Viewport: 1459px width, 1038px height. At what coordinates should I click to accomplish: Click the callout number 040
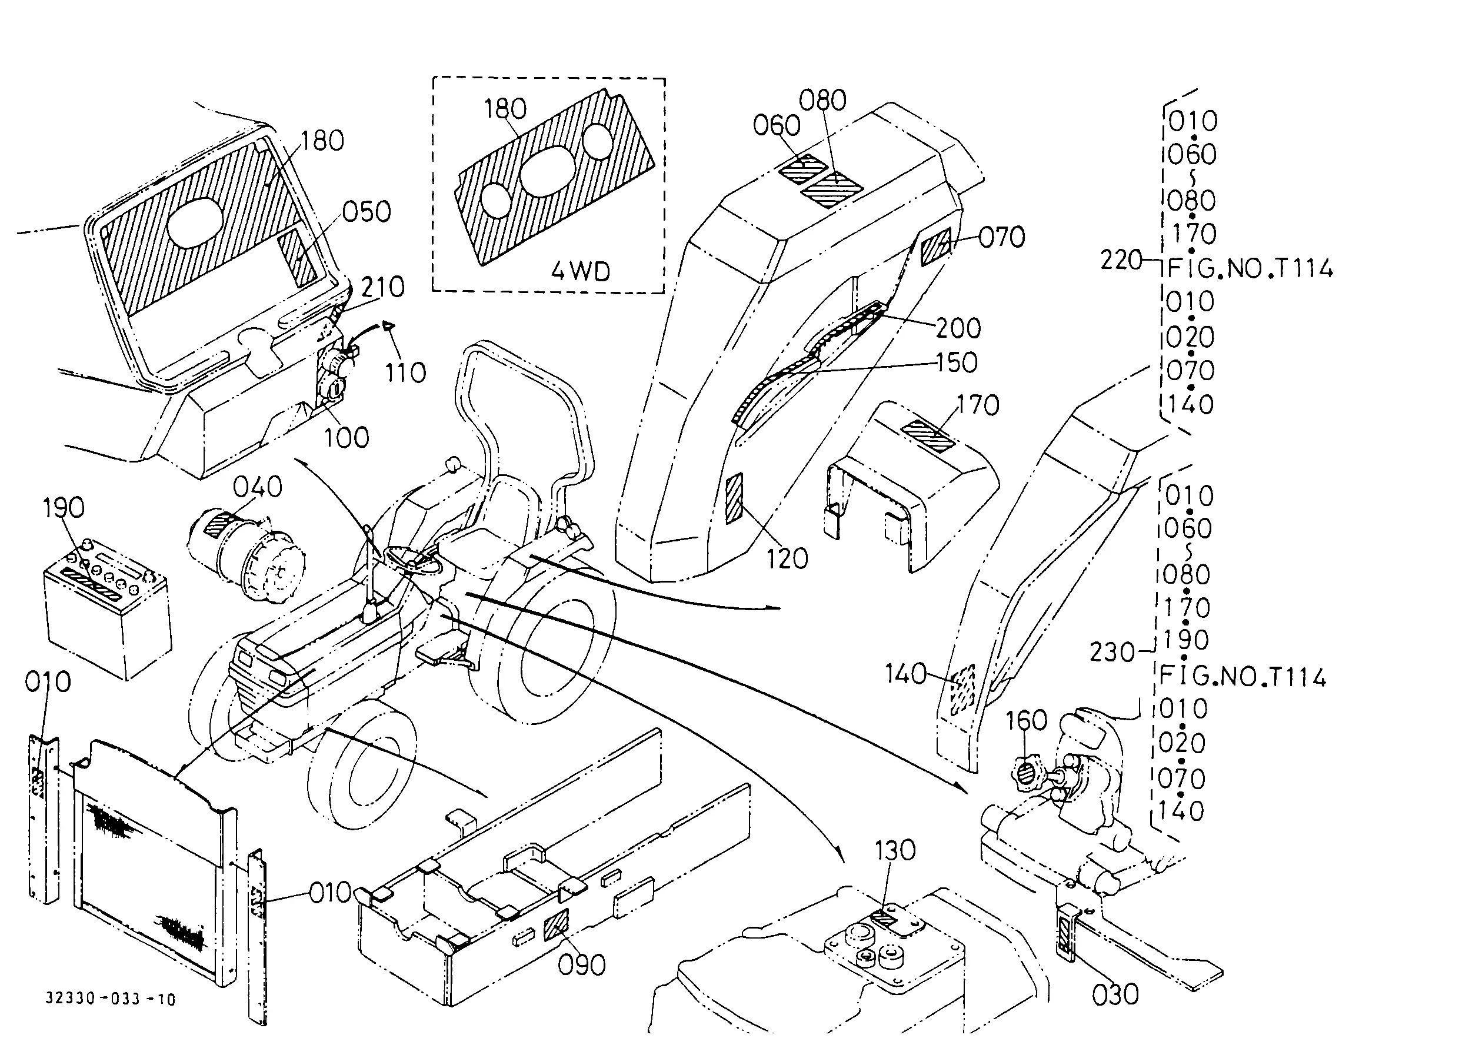(258, 487)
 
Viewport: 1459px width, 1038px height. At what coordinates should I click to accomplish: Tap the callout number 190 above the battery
(64, 508)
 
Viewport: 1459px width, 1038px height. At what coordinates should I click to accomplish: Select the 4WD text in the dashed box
(580, 272)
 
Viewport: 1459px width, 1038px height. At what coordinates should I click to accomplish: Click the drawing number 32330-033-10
(111, 999)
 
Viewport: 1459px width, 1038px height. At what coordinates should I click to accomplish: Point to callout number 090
(582, 965)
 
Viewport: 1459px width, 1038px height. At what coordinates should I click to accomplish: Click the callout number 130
(895, 851)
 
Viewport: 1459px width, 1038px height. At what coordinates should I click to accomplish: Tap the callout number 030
(1115, 995)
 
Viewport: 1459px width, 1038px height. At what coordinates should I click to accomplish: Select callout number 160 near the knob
(1027, 720)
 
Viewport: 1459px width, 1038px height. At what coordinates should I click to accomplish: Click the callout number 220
(1121, 260)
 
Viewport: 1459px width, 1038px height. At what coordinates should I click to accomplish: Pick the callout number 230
(1112, 653)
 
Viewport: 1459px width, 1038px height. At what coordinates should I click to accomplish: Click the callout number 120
(787, 559)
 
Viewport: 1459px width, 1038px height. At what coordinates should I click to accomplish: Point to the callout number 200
(958, 328)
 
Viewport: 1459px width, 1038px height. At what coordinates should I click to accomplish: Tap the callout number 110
(405, 372)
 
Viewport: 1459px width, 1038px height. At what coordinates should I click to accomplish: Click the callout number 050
(366, 212)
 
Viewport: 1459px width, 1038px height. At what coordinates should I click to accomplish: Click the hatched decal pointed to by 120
(734, 498)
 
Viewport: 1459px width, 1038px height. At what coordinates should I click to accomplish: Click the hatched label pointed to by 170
(927, 435)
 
